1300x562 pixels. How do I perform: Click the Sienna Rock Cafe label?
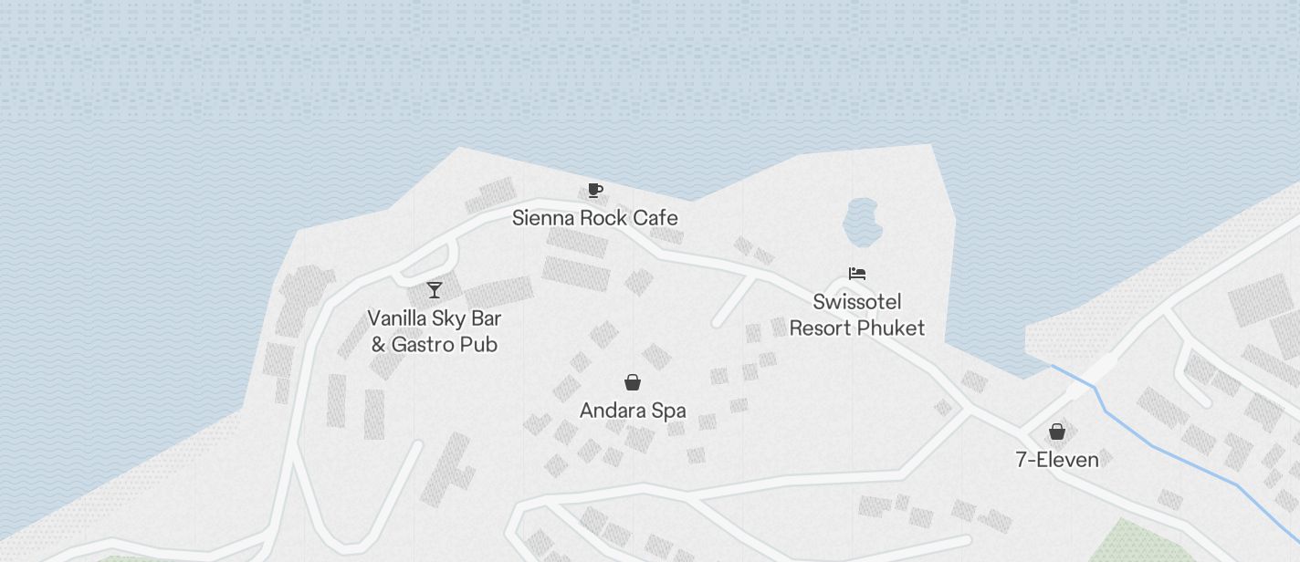(594, 218)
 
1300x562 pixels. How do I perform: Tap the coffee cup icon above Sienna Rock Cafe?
(595, 191)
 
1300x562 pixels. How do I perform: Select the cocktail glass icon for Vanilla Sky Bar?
(435, 290)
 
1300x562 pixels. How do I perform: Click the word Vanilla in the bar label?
(397, 318)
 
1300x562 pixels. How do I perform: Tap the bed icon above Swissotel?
(856, 274)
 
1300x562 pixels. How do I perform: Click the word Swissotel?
(857, 302)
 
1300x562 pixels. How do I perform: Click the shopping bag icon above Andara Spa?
(632, 382)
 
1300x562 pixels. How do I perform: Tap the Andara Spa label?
(633, 411)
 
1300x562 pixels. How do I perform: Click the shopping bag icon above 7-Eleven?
(1057, 431)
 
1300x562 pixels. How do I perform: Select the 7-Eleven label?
(1057, 459)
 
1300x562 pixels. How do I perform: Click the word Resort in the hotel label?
(818, 328)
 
